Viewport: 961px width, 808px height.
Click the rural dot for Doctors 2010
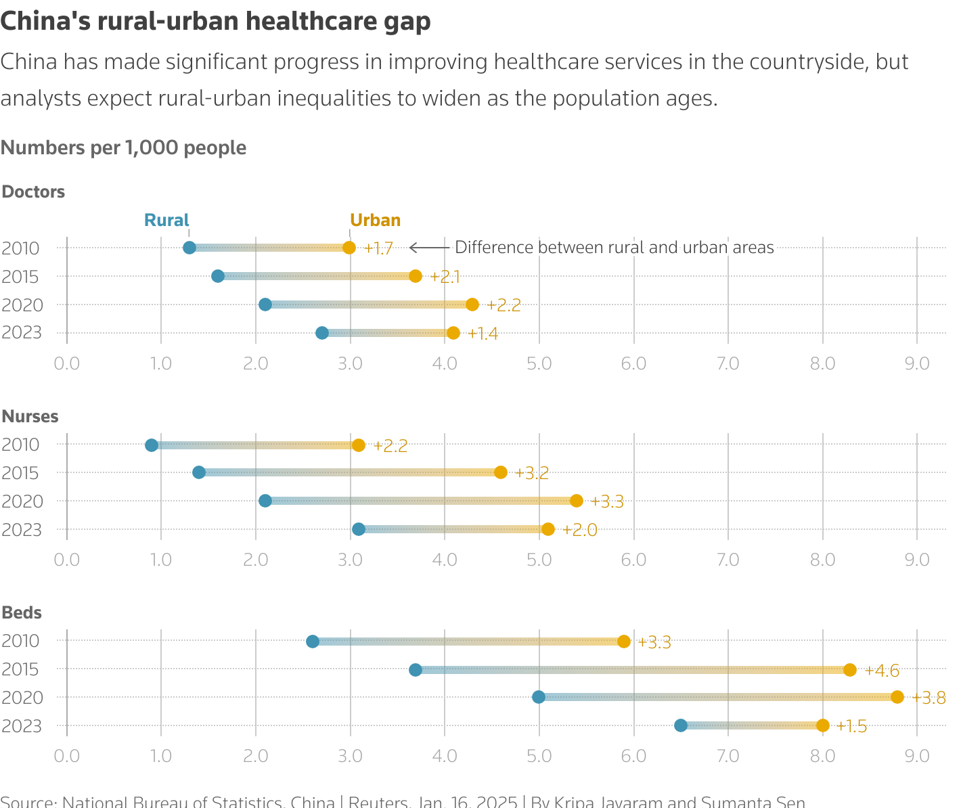[189, 248]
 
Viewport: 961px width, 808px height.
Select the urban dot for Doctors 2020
[472, 305]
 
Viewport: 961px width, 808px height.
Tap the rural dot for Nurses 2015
[199, 472]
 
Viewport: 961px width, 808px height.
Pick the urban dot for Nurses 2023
[548, 529]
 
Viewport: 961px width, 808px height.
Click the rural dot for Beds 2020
[539, 697]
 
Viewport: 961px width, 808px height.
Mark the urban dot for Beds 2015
[850, 670]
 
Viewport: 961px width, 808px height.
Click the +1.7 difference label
[378, 248]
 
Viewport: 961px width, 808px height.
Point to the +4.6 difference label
[882, 671]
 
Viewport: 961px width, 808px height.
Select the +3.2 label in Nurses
[531, 473]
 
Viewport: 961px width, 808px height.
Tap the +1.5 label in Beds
[851, 726]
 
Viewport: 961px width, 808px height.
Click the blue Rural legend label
[166, 220]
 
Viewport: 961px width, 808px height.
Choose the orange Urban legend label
[375, 220]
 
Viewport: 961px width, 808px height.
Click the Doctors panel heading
[33, 192]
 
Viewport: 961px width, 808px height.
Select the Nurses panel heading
[30, 416]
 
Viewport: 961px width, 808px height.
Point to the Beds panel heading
[22, 612]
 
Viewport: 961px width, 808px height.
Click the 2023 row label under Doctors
[22, 333]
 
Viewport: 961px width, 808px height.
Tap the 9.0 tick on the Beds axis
[917, 755]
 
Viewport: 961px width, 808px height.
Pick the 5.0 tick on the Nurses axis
[539, 560]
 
